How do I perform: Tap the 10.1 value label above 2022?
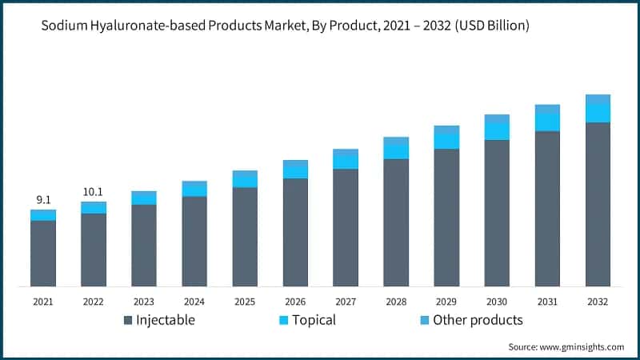tap(94, 192)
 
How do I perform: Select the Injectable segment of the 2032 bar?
tap(598, 204)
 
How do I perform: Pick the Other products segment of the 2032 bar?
tap(598, 99)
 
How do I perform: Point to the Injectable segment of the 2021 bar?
tap(43, 253)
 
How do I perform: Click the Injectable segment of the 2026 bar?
tap(295, 232)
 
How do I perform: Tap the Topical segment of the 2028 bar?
tap(396, 149)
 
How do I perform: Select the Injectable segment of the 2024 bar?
tap(194, 241)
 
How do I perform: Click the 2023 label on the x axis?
tap(144, 302)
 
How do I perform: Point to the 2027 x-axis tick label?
tap(346, 302)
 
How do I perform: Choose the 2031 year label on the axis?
tap(547, 302)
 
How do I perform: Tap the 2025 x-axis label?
tap(245, 302)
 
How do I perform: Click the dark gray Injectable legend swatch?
tap(128, 321)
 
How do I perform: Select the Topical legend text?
tap(313, 320)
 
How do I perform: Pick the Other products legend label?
tap(478, 320)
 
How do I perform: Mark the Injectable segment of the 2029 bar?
tap(446, 217)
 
